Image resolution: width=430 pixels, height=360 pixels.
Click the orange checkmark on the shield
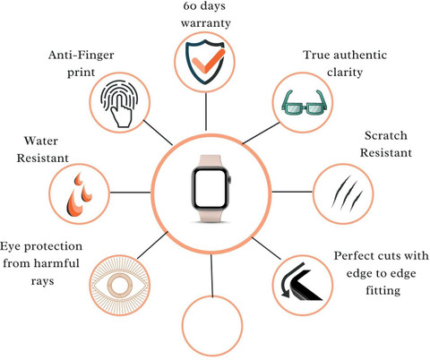coord(207,61)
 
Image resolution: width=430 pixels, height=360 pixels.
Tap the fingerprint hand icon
coord(119,103)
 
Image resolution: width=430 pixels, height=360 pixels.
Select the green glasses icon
coord(304,102)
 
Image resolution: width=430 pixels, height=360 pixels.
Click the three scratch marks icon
coord(346,192)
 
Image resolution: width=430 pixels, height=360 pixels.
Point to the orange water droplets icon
coord(79,194)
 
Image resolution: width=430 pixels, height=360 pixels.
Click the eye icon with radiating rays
coord(119,284)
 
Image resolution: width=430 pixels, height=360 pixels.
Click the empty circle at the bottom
coord(212,326)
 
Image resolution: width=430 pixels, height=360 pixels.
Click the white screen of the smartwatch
coord(210,189)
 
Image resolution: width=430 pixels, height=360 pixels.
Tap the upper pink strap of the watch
coord(211,161)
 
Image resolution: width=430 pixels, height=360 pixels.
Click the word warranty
coord(206,23)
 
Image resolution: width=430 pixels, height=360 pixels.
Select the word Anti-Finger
coord(82,56)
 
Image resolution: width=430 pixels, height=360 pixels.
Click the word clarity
coord(345,73)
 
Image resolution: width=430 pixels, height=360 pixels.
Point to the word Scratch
coord(386,135)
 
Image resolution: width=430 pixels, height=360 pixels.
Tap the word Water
coord(41,141)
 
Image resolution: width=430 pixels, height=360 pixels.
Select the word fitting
coord(383,290)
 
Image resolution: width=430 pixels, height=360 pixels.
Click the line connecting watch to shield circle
coord(206,111)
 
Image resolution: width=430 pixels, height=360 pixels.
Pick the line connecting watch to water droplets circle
coord(130,193)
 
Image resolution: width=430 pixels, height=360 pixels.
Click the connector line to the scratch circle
coord(292,192)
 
